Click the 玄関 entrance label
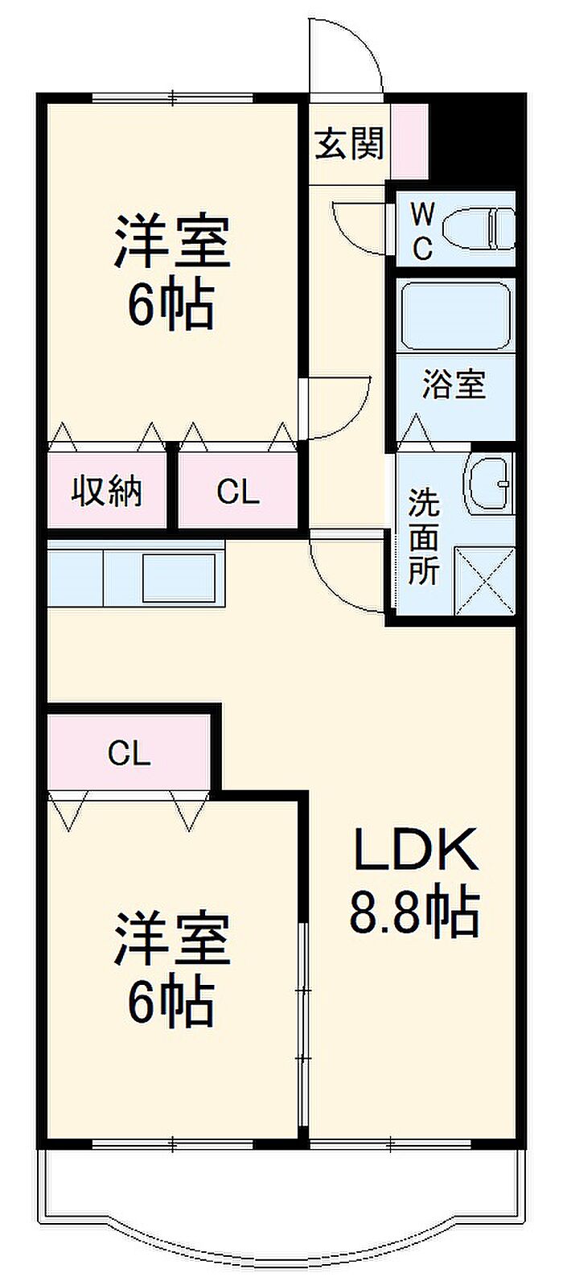point(349,143)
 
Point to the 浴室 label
point(454,384)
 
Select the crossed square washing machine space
point(484,581)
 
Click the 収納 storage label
point(107,492)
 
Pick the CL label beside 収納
point(238,492)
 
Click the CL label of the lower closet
point(129,754)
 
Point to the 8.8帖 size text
point(414,910)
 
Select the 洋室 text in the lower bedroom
point(172,940)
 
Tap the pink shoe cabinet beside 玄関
point(410,141)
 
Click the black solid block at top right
point(477,140)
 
